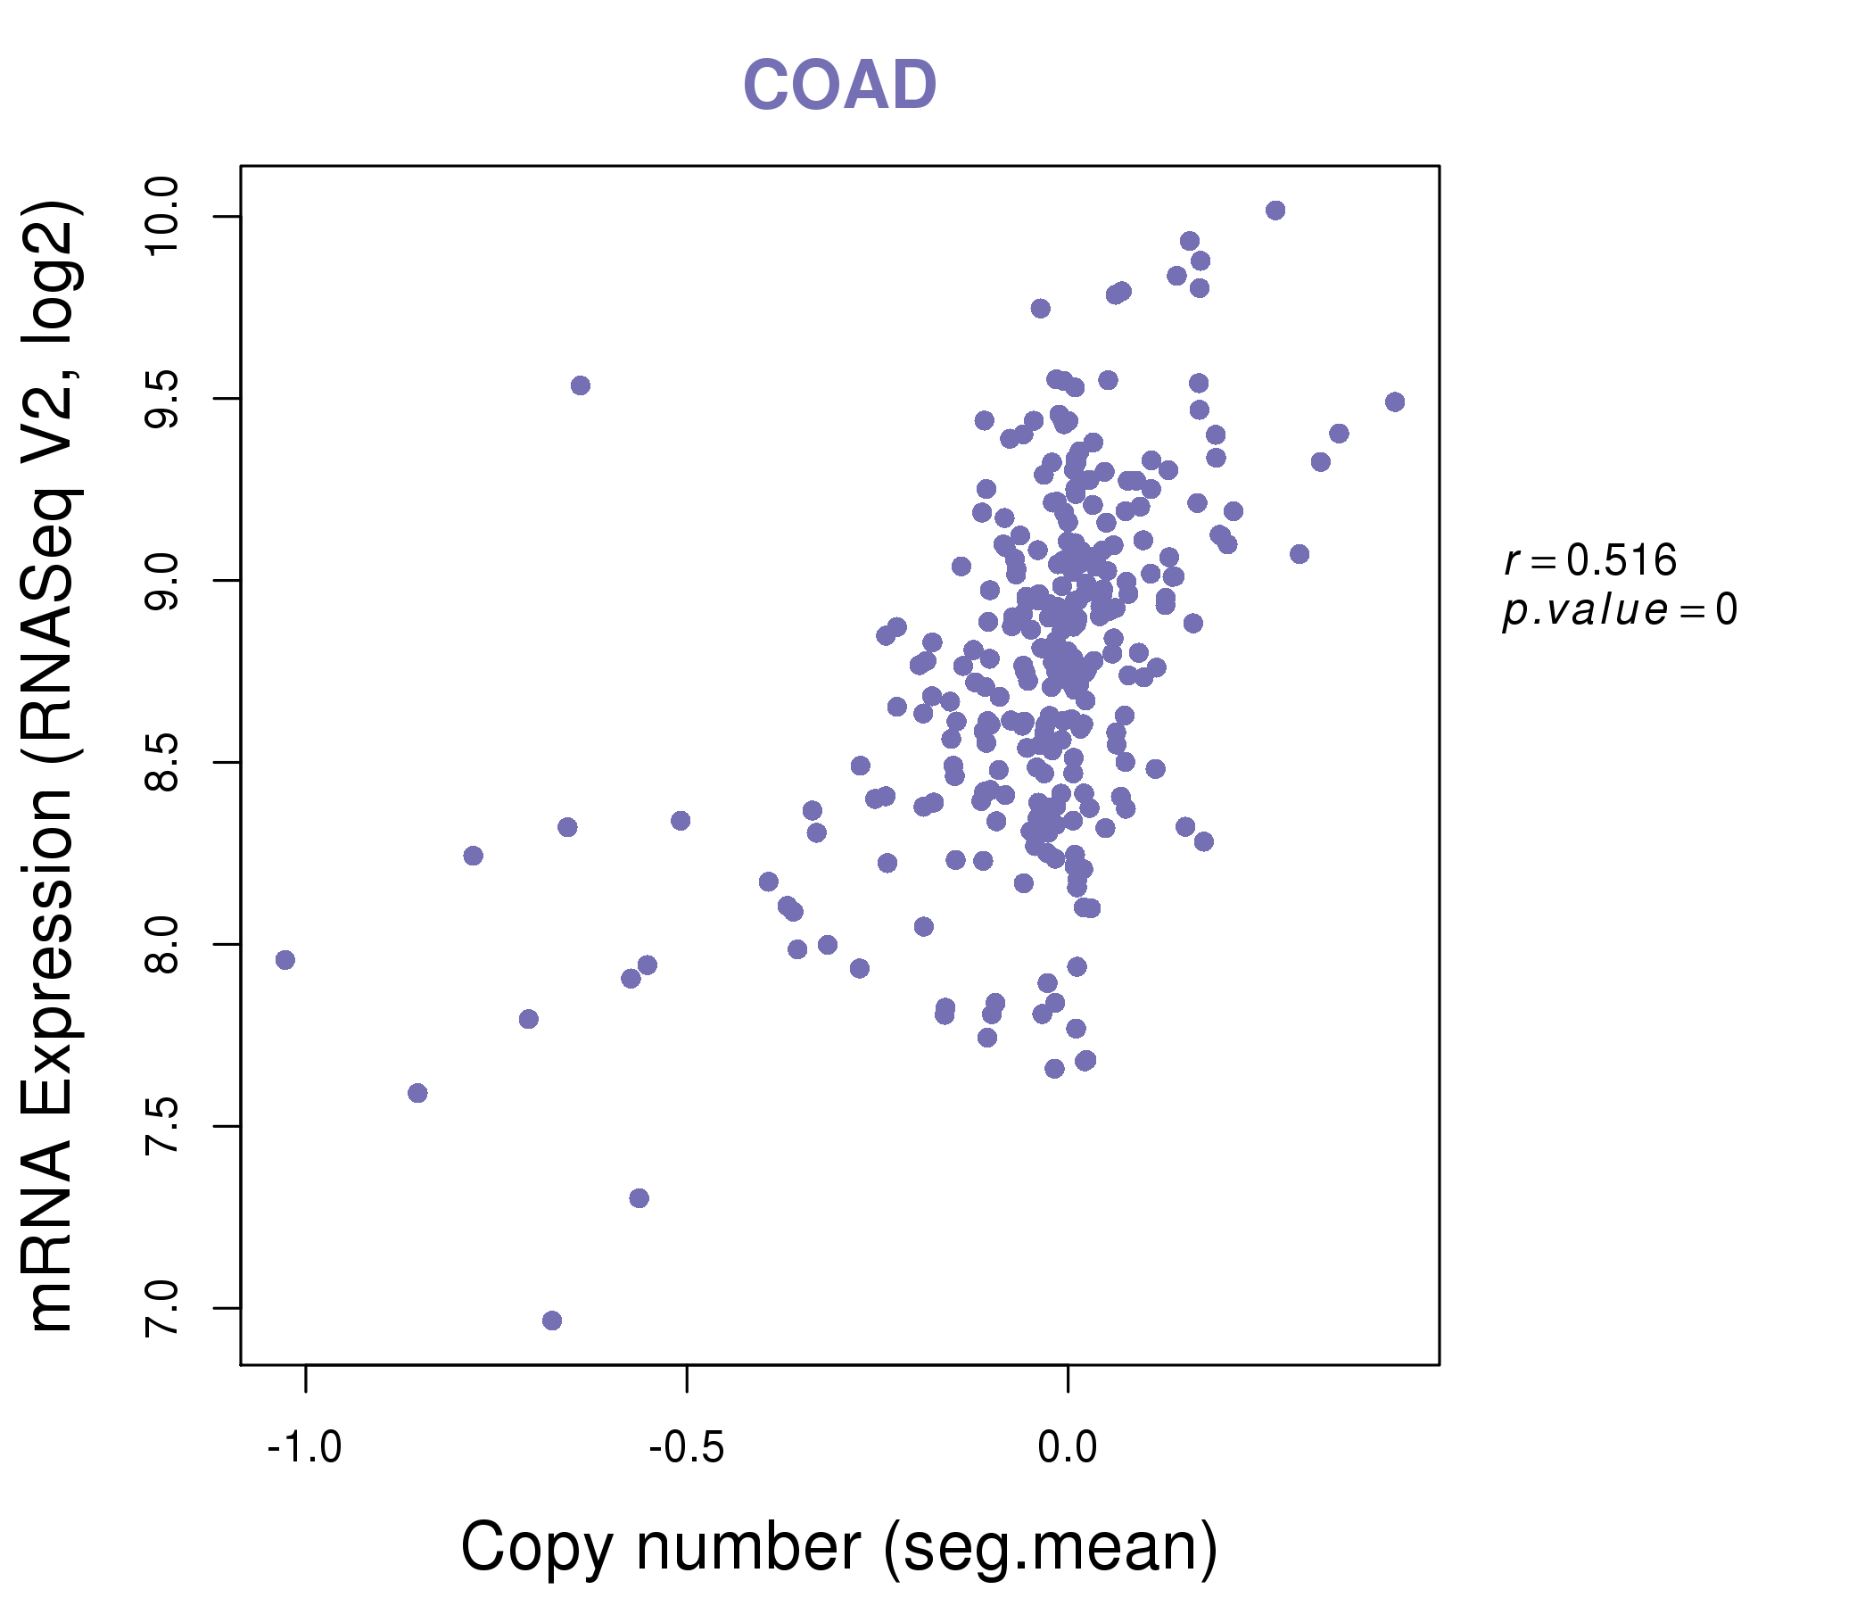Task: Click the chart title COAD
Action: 839,86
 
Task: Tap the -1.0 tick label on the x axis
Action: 305,1448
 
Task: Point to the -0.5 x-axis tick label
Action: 686,1448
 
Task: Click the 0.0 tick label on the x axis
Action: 1068,1448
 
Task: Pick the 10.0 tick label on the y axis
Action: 162,217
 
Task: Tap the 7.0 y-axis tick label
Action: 162,1308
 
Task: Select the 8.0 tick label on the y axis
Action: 162,944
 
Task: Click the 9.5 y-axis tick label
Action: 162,399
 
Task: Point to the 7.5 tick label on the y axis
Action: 162,1126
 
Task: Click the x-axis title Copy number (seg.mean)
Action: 839,1547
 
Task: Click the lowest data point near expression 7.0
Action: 552,1320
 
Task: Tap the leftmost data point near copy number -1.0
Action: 285,959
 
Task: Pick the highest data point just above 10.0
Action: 1275,211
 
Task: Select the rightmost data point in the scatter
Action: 1395,401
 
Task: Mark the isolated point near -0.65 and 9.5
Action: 581,385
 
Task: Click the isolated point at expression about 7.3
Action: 639,1198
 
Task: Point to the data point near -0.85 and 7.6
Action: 417,1093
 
